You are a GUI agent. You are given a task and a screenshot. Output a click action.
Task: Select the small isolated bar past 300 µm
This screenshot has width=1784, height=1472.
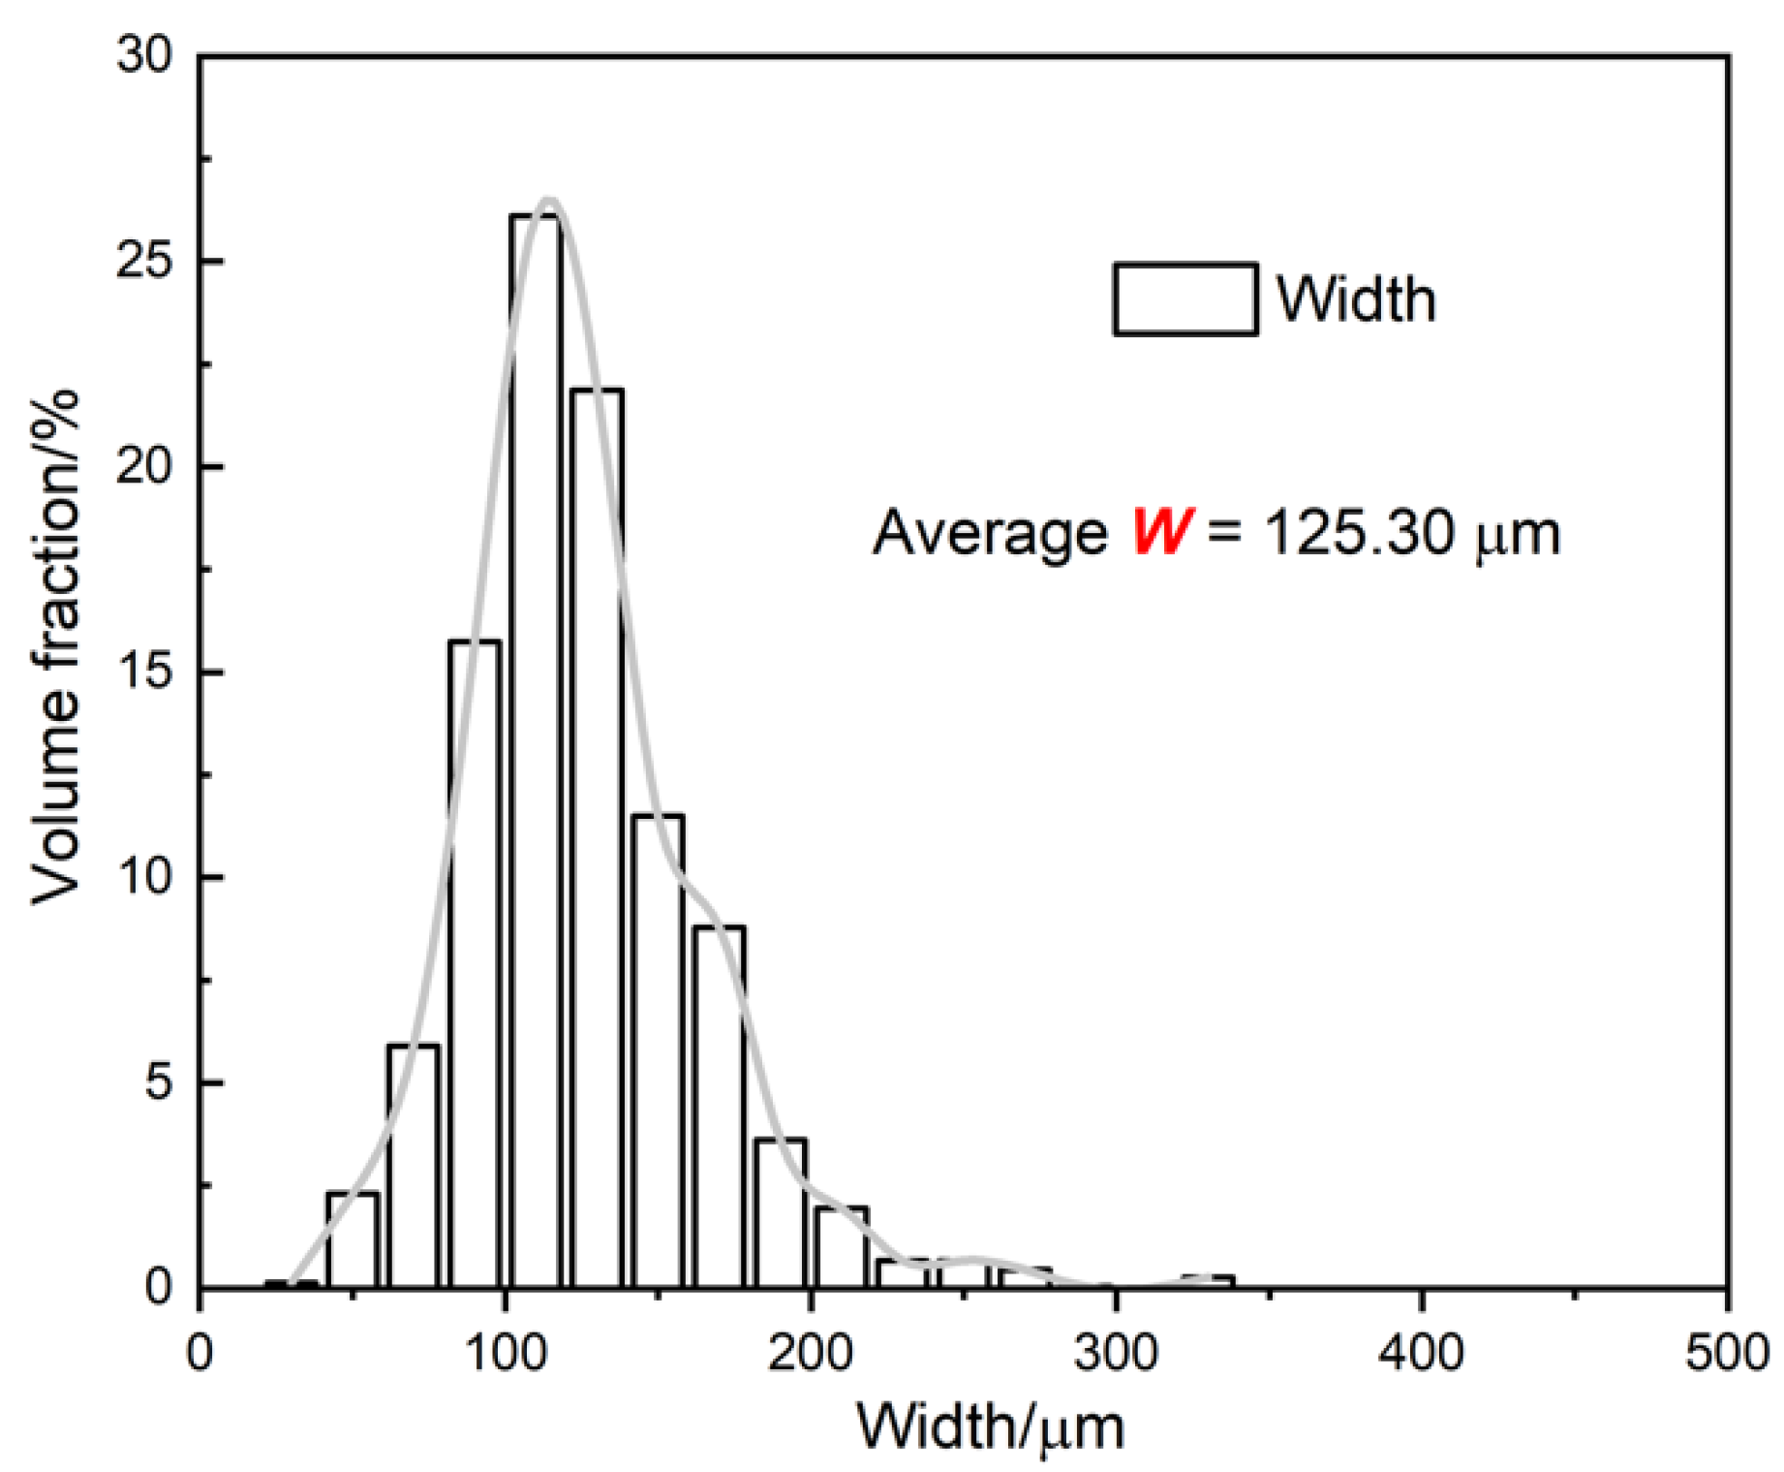1208,1282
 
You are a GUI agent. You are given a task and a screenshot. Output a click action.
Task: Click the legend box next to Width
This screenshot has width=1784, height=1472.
1184,299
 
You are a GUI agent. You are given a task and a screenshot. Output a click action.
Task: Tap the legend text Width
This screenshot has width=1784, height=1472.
1355,299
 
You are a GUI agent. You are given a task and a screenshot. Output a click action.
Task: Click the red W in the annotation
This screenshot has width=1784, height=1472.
1161,532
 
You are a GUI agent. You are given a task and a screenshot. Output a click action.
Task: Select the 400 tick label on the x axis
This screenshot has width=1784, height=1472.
1421,1353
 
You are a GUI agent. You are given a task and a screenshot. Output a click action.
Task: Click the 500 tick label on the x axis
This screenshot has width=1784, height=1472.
1726,1353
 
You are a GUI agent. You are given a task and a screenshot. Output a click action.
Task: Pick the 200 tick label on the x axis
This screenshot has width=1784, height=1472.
810,1353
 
